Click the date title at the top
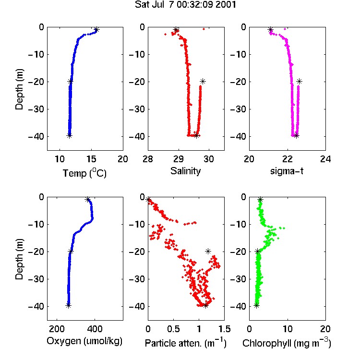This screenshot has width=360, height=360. coord(185,5)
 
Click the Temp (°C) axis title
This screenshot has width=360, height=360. coord(84,173)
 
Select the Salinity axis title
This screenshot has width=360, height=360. coord(185,171)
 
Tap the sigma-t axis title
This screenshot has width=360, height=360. coord(287,171)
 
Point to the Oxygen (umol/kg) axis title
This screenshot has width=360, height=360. coord(84,341)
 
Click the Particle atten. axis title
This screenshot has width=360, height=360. coord(186,343)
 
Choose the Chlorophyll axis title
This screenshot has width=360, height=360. coord(287,343)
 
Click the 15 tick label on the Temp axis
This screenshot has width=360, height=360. coord(91,159)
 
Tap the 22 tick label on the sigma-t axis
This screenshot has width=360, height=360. coord(287,159)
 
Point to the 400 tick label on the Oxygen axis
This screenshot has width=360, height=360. coord(95,329)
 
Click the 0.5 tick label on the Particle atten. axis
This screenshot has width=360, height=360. coord(173,329)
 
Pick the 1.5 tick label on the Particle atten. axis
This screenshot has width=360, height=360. coord(224,329)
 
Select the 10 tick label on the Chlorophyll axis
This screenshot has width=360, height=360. coord(287,329)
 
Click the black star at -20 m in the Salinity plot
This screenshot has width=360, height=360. coord(203,81)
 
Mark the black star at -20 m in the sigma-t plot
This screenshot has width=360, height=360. coord(299,81)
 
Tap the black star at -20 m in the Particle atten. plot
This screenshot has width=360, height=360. coord(208,251)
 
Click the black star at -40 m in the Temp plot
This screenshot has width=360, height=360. coord(69,135)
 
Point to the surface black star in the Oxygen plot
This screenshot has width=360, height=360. coord(88,200)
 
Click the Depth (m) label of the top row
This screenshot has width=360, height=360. coord(20,89)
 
